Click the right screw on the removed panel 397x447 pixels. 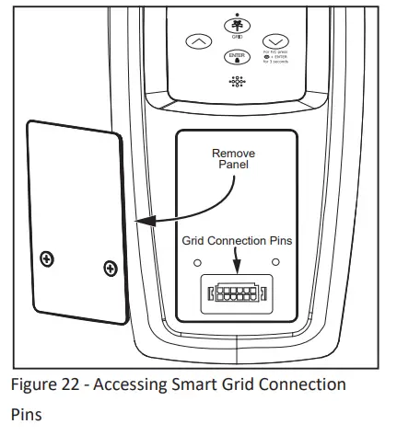point(111,269)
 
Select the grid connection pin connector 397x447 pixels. point(239,294)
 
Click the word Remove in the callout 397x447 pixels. point(233,154)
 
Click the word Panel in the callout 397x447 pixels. point(233,166)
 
